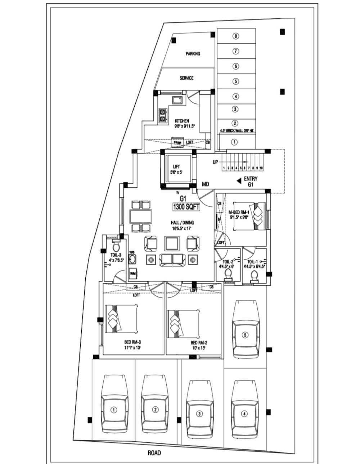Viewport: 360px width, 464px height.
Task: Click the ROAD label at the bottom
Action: (154, 453)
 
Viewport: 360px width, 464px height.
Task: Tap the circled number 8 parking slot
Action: (235, 36)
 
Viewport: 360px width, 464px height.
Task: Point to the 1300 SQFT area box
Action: (186, 207)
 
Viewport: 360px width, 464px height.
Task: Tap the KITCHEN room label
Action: (182, 121)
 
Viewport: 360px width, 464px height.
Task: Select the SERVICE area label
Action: (186, 78)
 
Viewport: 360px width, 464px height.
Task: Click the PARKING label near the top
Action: (193, 54)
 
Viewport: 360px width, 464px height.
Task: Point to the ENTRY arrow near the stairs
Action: (239, 181)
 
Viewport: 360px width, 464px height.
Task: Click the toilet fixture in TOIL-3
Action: (116, 247)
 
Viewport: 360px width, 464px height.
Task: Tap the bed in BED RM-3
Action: (121, 319)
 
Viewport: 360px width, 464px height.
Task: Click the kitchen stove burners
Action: (163, 115)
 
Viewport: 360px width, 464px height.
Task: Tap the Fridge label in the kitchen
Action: (177, 143)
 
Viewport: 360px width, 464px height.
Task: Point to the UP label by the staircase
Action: (215, 162)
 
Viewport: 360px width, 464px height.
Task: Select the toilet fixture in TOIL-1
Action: (254, 276)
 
